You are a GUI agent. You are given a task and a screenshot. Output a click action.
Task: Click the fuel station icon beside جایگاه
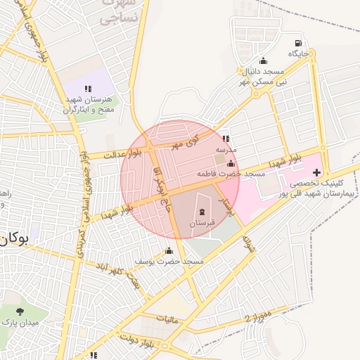pos(299,42)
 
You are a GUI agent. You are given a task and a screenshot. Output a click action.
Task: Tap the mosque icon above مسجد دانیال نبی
pos(263,60)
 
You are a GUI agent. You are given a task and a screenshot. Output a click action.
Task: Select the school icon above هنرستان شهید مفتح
pos(88,89)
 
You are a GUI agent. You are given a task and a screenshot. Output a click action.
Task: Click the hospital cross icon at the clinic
pos(316,172)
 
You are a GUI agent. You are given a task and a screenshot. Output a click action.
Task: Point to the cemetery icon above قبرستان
pos(202,212)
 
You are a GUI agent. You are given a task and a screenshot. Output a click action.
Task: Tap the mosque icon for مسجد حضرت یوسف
pos(168,251)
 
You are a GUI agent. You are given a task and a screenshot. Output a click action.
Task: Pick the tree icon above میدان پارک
pos(19,311)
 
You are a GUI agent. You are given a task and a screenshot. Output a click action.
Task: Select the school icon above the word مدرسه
pos(226,139)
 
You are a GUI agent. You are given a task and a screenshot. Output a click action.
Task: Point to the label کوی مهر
pos(186,141)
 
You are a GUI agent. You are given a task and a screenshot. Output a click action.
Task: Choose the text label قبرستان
pos(202,223)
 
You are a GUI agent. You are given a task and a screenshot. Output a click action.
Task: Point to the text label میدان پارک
pos(22,323)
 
